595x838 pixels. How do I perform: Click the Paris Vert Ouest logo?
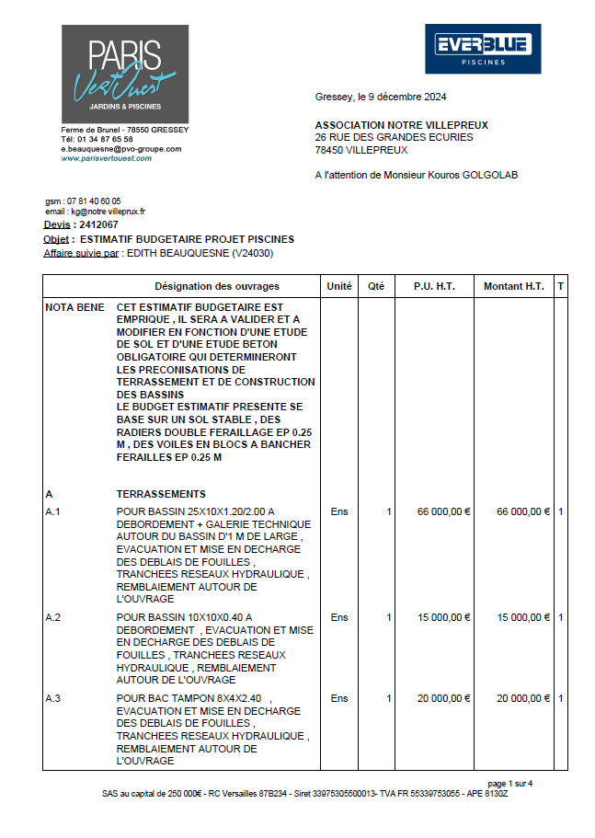click(125, 74)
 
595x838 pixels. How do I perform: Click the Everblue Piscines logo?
click(483, 49)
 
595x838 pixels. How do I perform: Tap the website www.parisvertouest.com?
click(107, 158)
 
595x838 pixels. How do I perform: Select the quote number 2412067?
click(98, 224)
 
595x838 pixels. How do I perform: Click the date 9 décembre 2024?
click(401, 97)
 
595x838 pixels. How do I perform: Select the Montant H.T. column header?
click(514, 287)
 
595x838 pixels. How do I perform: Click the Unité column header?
click(339, 287)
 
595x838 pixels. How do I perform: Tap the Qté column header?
click(376, 287)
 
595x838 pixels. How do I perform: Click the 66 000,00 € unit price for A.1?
click(443, 512)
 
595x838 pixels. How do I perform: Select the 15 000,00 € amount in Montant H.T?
click(523, 617)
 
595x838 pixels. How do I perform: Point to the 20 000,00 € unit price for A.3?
click(443, 699)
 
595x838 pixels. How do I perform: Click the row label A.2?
click(53, 617)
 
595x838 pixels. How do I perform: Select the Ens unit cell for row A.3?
click(339, 699)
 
